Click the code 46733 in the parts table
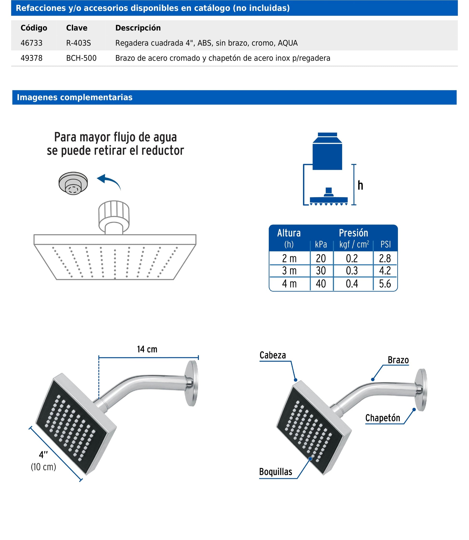[31, 43]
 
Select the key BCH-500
[81, 58]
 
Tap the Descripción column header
[138, 28]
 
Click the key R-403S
[79, 43]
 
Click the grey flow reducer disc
[73, 183]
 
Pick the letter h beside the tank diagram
[360, 185]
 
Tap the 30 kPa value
[321, 271]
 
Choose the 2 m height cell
[289, 258]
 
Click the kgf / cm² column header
[354, 244]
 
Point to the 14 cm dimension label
[147, 349]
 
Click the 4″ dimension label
[43, 455]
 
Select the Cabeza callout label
[272, 355]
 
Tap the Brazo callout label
[398, 360]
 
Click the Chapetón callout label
[383, 418]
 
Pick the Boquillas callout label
[275, 472]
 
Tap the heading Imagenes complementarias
[74, 97]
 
